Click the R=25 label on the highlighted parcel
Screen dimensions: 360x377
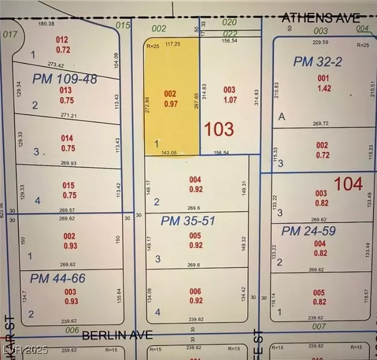(153, 45)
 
